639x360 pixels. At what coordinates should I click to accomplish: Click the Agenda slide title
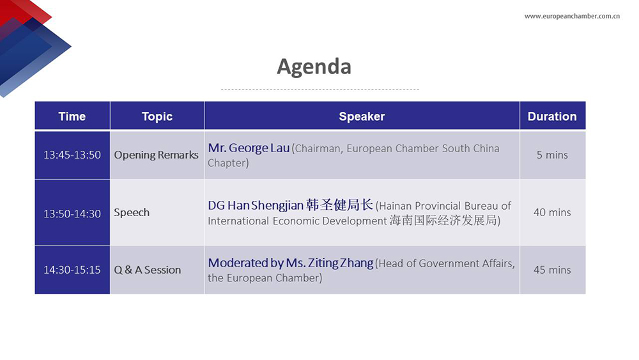314,67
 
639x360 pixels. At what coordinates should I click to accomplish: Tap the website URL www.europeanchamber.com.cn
572,17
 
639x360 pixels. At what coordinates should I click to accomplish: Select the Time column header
72,116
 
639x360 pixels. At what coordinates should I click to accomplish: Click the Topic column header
157,116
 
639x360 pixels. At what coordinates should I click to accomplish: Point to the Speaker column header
362,116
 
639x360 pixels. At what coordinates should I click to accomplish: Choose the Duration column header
552,116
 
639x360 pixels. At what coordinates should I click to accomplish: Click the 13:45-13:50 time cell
72,155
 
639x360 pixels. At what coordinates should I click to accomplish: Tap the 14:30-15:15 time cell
72,270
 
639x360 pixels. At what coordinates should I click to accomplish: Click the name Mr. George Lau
249,148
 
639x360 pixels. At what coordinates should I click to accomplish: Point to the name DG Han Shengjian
256,205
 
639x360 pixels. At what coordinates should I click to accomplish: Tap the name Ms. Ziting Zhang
330,263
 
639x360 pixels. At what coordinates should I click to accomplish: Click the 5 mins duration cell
552,155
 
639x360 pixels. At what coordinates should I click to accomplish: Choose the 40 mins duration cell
552,212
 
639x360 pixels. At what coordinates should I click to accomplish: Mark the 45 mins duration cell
552,270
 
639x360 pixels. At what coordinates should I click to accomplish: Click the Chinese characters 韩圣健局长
339,205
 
